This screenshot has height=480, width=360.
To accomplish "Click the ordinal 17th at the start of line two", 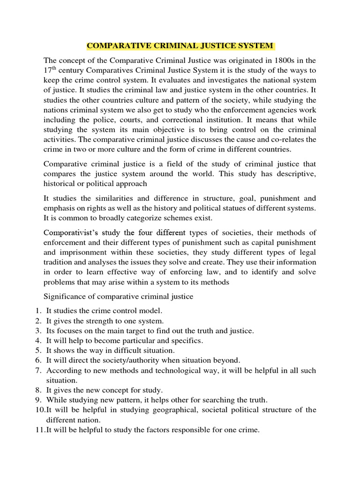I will pos(50,70).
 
